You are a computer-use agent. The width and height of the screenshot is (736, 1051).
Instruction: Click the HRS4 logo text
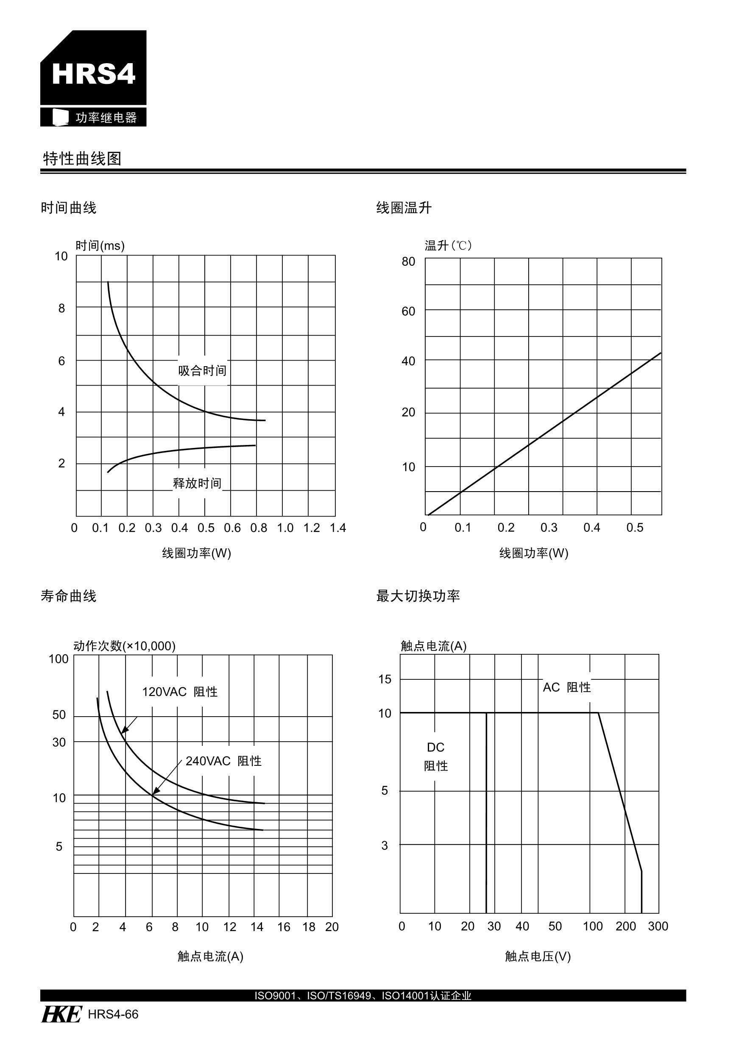tap(93, 73)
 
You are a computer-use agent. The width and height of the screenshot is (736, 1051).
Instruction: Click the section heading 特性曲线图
tap(82, 159)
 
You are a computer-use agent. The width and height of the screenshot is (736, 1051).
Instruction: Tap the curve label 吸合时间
tap(202, 371)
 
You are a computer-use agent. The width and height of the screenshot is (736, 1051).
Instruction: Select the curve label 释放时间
tap(197, 484)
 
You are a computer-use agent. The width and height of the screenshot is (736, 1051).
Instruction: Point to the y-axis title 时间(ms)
tap(100, 246)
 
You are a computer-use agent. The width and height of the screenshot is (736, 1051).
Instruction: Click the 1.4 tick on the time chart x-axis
tap(338, 528)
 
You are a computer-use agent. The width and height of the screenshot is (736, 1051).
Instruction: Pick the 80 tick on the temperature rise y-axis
tap(408, 261)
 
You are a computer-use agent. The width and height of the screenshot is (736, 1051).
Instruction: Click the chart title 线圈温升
tap(404, 208)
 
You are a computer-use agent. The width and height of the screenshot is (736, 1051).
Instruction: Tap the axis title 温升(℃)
tap(448, 246)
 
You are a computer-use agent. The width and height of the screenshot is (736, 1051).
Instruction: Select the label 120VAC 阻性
tap(179, 692)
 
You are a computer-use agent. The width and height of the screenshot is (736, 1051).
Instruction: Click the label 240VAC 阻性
tap(223, 761)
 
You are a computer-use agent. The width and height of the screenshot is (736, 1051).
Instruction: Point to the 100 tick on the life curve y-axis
tap(59, 659)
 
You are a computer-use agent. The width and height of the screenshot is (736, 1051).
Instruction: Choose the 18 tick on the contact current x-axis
tap(309, 927)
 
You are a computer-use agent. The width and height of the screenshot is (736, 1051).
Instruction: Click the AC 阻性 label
tap(566, 687)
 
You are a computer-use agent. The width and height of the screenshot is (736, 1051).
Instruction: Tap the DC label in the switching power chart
tap(435, 748)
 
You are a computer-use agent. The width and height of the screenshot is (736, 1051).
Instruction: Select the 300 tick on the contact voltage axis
tap(658, 926)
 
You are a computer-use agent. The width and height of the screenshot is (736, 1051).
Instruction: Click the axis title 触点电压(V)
tap(538, 956)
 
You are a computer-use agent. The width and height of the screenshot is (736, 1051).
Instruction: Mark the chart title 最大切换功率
tap(418, 595)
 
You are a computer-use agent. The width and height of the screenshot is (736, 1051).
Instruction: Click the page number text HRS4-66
tap(113, 1015)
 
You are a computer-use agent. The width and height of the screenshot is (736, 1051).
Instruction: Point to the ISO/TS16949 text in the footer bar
tap(339, 995)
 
